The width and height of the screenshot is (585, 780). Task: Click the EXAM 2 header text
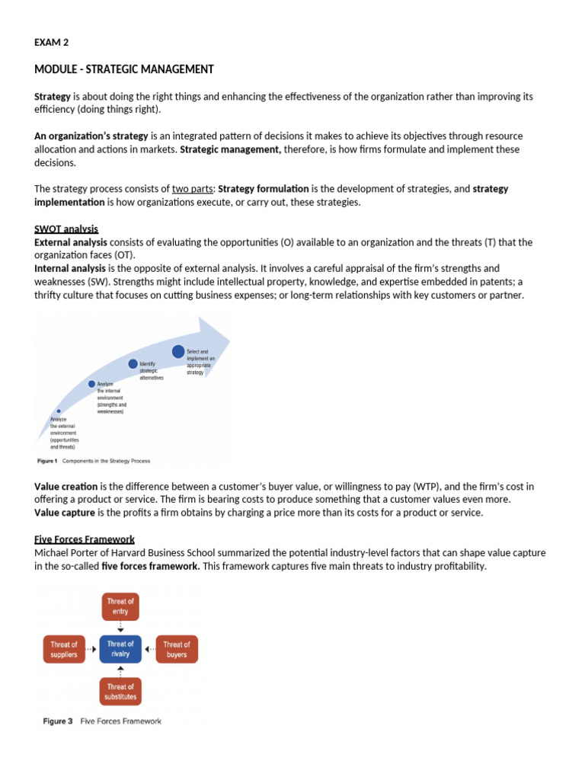click(51, 43)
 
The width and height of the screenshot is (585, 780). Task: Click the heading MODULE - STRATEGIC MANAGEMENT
click(124, 70)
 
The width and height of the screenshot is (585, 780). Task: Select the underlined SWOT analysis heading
click(66, 229)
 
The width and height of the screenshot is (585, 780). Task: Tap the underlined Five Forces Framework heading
click(85, 539)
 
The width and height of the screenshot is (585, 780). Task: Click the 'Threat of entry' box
click(120, 606)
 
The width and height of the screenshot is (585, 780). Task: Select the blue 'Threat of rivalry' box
click(120, 649)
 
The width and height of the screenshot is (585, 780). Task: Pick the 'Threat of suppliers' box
click(64, 649)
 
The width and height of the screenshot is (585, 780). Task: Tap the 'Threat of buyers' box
click(177, 649)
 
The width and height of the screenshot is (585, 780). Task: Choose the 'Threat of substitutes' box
click(120, 692)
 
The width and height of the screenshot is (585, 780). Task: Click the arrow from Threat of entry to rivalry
click(120, 627)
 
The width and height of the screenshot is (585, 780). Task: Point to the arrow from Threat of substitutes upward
click(120, 670)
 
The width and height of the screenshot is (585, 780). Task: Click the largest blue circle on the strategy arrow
click(178, 352)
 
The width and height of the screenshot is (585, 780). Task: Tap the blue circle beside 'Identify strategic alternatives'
click(133, 364)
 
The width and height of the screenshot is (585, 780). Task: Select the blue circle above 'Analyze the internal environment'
click(92, 384)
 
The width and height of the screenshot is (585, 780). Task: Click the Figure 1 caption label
click(47, 461)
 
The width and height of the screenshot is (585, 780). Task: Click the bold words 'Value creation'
click(66, 486)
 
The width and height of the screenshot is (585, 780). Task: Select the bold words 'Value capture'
click(64, 513)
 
